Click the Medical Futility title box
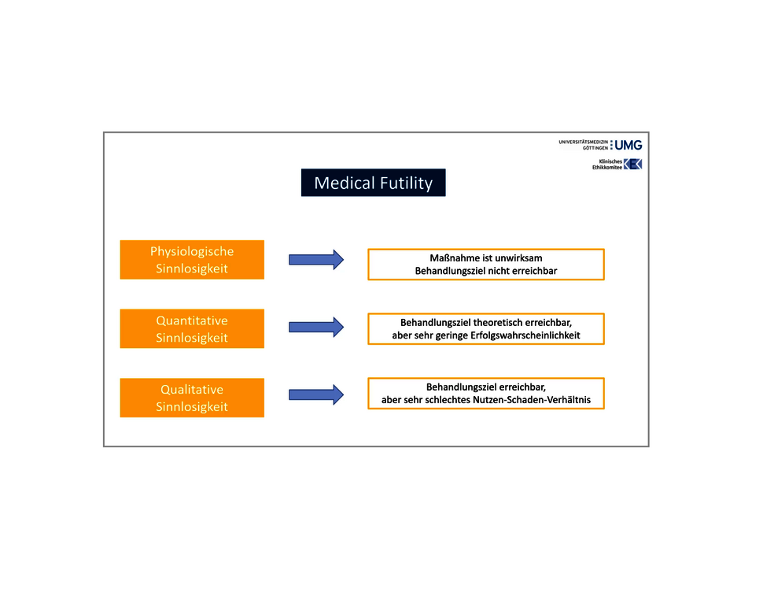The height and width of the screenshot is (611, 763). pos(373,183)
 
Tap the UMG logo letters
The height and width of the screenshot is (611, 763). pos(628,145)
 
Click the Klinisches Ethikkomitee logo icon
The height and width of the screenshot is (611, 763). pos(632,165)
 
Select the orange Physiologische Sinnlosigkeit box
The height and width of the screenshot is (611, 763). pos(192,260)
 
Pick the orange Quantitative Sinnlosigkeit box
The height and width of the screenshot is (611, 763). pos(192,328)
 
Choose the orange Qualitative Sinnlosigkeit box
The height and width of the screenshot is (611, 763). pos(192,398)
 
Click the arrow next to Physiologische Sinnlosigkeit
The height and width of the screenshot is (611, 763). pos(316,260)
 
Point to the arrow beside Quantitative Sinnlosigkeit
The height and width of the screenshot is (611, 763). pos(316,327)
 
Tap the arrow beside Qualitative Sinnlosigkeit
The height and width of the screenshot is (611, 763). pos(316,394)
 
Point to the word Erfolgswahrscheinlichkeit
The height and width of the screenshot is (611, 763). pos(525,335)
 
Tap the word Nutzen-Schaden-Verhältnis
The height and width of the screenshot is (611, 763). pos(532,400)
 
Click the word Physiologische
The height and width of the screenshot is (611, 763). pos(192,252)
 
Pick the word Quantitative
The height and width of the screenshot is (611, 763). pos(192,320)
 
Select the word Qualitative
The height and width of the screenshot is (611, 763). pos(192,390)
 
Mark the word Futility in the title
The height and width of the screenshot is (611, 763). pos(407,183)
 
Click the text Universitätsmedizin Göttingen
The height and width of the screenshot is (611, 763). pos(584,145)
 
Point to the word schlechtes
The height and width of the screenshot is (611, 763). pos(448,400)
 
